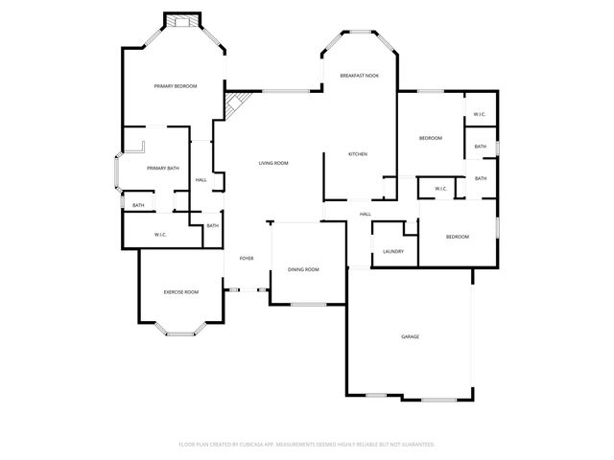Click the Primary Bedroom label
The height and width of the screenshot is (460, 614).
point(176,86)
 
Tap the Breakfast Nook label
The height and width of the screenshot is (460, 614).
point(358,75)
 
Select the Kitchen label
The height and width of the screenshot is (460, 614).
point(358,154)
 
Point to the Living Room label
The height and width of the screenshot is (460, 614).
point(273,163)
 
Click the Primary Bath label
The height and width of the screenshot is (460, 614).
point(163,169)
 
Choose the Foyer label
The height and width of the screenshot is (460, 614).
point(247,259)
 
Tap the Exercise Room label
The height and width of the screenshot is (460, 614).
point(180,291)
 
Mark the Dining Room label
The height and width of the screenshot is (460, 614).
point(303,269)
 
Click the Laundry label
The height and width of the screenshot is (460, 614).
point(392,252)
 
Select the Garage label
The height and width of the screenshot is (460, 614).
point(410,336)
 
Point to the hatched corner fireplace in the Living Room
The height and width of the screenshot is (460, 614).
point(234,103)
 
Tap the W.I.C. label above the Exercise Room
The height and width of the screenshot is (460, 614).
point(161,235)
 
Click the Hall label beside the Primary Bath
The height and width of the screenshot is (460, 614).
point(201,180)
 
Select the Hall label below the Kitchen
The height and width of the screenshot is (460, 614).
point(366,214)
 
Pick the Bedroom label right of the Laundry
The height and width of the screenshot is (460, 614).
point(457,237)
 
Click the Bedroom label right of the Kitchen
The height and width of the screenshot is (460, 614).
point(431,139)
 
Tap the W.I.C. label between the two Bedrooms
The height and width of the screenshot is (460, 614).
point(440,189)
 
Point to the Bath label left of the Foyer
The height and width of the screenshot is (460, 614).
point(212,225)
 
